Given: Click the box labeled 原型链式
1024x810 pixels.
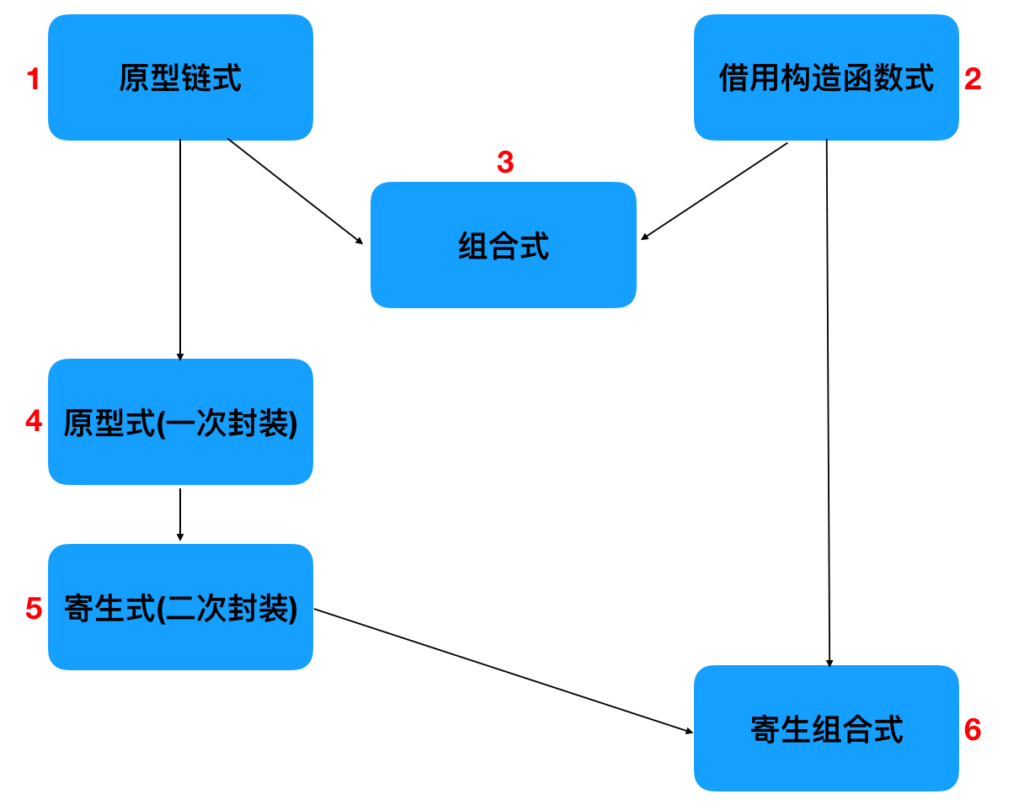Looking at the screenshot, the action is [180, 77].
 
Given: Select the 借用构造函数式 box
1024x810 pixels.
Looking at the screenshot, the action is [826, 77].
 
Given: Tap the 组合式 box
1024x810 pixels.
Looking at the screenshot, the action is [504, 245].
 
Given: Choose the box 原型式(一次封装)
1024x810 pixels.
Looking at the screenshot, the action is [180, 422].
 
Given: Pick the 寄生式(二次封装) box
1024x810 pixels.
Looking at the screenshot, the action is [180, 607].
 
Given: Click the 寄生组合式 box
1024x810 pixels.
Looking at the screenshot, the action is [826, 728].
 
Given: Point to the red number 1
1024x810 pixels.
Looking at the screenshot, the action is [34, 78].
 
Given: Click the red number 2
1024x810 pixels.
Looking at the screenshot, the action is [973, 78].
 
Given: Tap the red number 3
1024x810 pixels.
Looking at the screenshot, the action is [505, 162].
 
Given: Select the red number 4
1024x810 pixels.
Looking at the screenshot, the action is [34, 421].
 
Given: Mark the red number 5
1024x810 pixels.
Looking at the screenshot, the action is [34, 608].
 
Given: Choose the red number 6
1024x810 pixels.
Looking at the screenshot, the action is [973, 729].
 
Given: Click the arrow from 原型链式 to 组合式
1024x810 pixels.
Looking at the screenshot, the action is [295, 191].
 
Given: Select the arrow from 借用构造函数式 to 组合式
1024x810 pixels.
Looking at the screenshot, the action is [714, 191].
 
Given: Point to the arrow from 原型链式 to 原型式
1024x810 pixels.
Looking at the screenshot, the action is [180, 250].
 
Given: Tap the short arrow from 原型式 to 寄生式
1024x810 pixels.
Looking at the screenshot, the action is [180, 514].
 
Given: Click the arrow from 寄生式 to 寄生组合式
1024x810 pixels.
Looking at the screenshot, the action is [504, 671].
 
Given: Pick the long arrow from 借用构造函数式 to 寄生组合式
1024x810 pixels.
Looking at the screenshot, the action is [828, 403].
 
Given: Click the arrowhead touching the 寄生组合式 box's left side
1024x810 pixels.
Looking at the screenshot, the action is [689, 731].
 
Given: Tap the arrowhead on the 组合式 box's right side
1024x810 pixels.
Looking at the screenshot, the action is [644, 236].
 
